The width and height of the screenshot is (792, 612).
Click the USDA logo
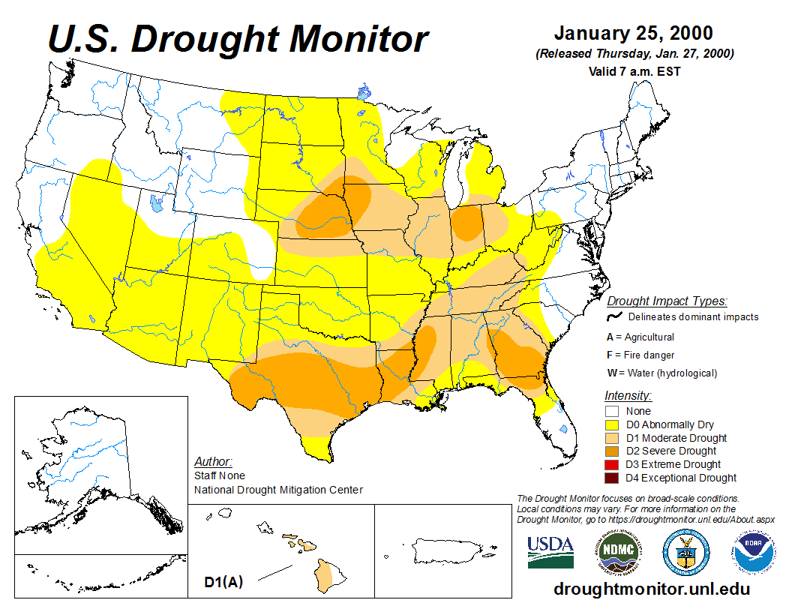click(x=550, y=553)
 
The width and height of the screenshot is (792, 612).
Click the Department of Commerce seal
click(x=685, y=553)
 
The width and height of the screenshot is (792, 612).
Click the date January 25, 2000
click(x=634, y=34)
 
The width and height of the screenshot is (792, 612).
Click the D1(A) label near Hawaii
click(x=223, y=581)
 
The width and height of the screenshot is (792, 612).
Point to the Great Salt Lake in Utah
click(x=155, y=203)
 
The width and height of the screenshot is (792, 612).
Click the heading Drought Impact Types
click(x=667, y=301)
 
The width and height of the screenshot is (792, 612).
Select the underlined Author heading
click(x=213, y=461)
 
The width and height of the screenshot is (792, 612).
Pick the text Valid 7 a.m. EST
click(x=634, y=72)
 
